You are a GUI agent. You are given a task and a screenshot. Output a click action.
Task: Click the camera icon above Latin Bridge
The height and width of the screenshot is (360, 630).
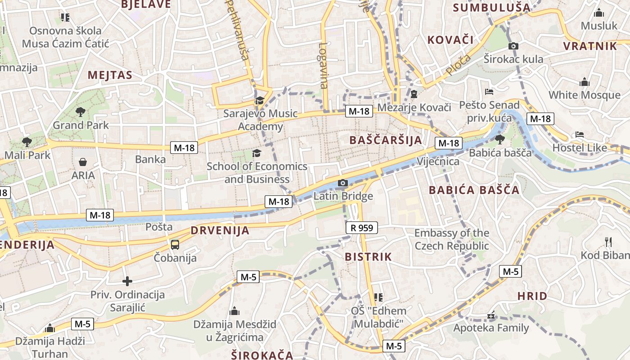tap(343, 183)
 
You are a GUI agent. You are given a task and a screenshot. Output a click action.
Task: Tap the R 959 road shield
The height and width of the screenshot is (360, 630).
tap(362, 228)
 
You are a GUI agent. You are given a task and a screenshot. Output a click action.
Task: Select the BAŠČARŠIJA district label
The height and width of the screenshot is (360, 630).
tap(386, 140)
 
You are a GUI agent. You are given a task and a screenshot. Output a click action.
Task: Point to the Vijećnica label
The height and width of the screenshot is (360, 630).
tap(438, 162)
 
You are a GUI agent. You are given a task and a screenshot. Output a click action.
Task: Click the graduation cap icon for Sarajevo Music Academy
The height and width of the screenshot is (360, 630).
tap(260, 100)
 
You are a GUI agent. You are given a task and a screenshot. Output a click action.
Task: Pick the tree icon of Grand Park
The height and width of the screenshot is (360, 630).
tap(81, 112)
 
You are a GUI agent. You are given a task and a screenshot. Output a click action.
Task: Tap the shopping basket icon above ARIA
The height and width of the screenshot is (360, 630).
tap(83, 162)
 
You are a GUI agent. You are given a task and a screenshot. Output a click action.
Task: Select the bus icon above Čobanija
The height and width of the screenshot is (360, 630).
tap(175, 245)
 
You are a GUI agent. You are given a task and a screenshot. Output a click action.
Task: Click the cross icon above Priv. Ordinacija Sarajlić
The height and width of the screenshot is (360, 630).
tap(127, 282)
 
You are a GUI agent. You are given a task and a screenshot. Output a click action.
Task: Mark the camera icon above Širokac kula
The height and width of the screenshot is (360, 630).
tap(513, 46)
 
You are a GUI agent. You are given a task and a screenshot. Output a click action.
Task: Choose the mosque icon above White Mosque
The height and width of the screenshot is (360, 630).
tap(585, 82)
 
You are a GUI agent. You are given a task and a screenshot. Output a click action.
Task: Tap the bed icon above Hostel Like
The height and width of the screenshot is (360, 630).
tap(580, 135)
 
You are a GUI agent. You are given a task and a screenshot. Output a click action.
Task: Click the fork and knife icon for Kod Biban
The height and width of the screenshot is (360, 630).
tap(608, 242)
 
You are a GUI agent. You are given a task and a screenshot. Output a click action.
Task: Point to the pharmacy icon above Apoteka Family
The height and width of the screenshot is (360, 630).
tap(491, 315)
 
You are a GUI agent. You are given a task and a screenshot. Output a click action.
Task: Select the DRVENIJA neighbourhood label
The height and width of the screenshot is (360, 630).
tap(220, 231)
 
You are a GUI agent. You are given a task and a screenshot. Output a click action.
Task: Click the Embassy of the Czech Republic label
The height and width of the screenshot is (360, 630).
tap(451, 239)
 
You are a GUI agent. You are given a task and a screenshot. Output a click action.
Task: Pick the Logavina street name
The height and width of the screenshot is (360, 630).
tap(323, 65)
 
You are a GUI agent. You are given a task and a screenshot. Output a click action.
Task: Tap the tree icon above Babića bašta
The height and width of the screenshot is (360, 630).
tap(499, 139)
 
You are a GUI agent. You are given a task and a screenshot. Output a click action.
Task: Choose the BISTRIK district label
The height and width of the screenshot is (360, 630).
tap(368, 257)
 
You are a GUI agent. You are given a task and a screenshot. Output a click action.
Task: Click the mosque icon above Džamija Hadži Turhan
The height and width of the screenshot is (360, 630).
tap(50, 328)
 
